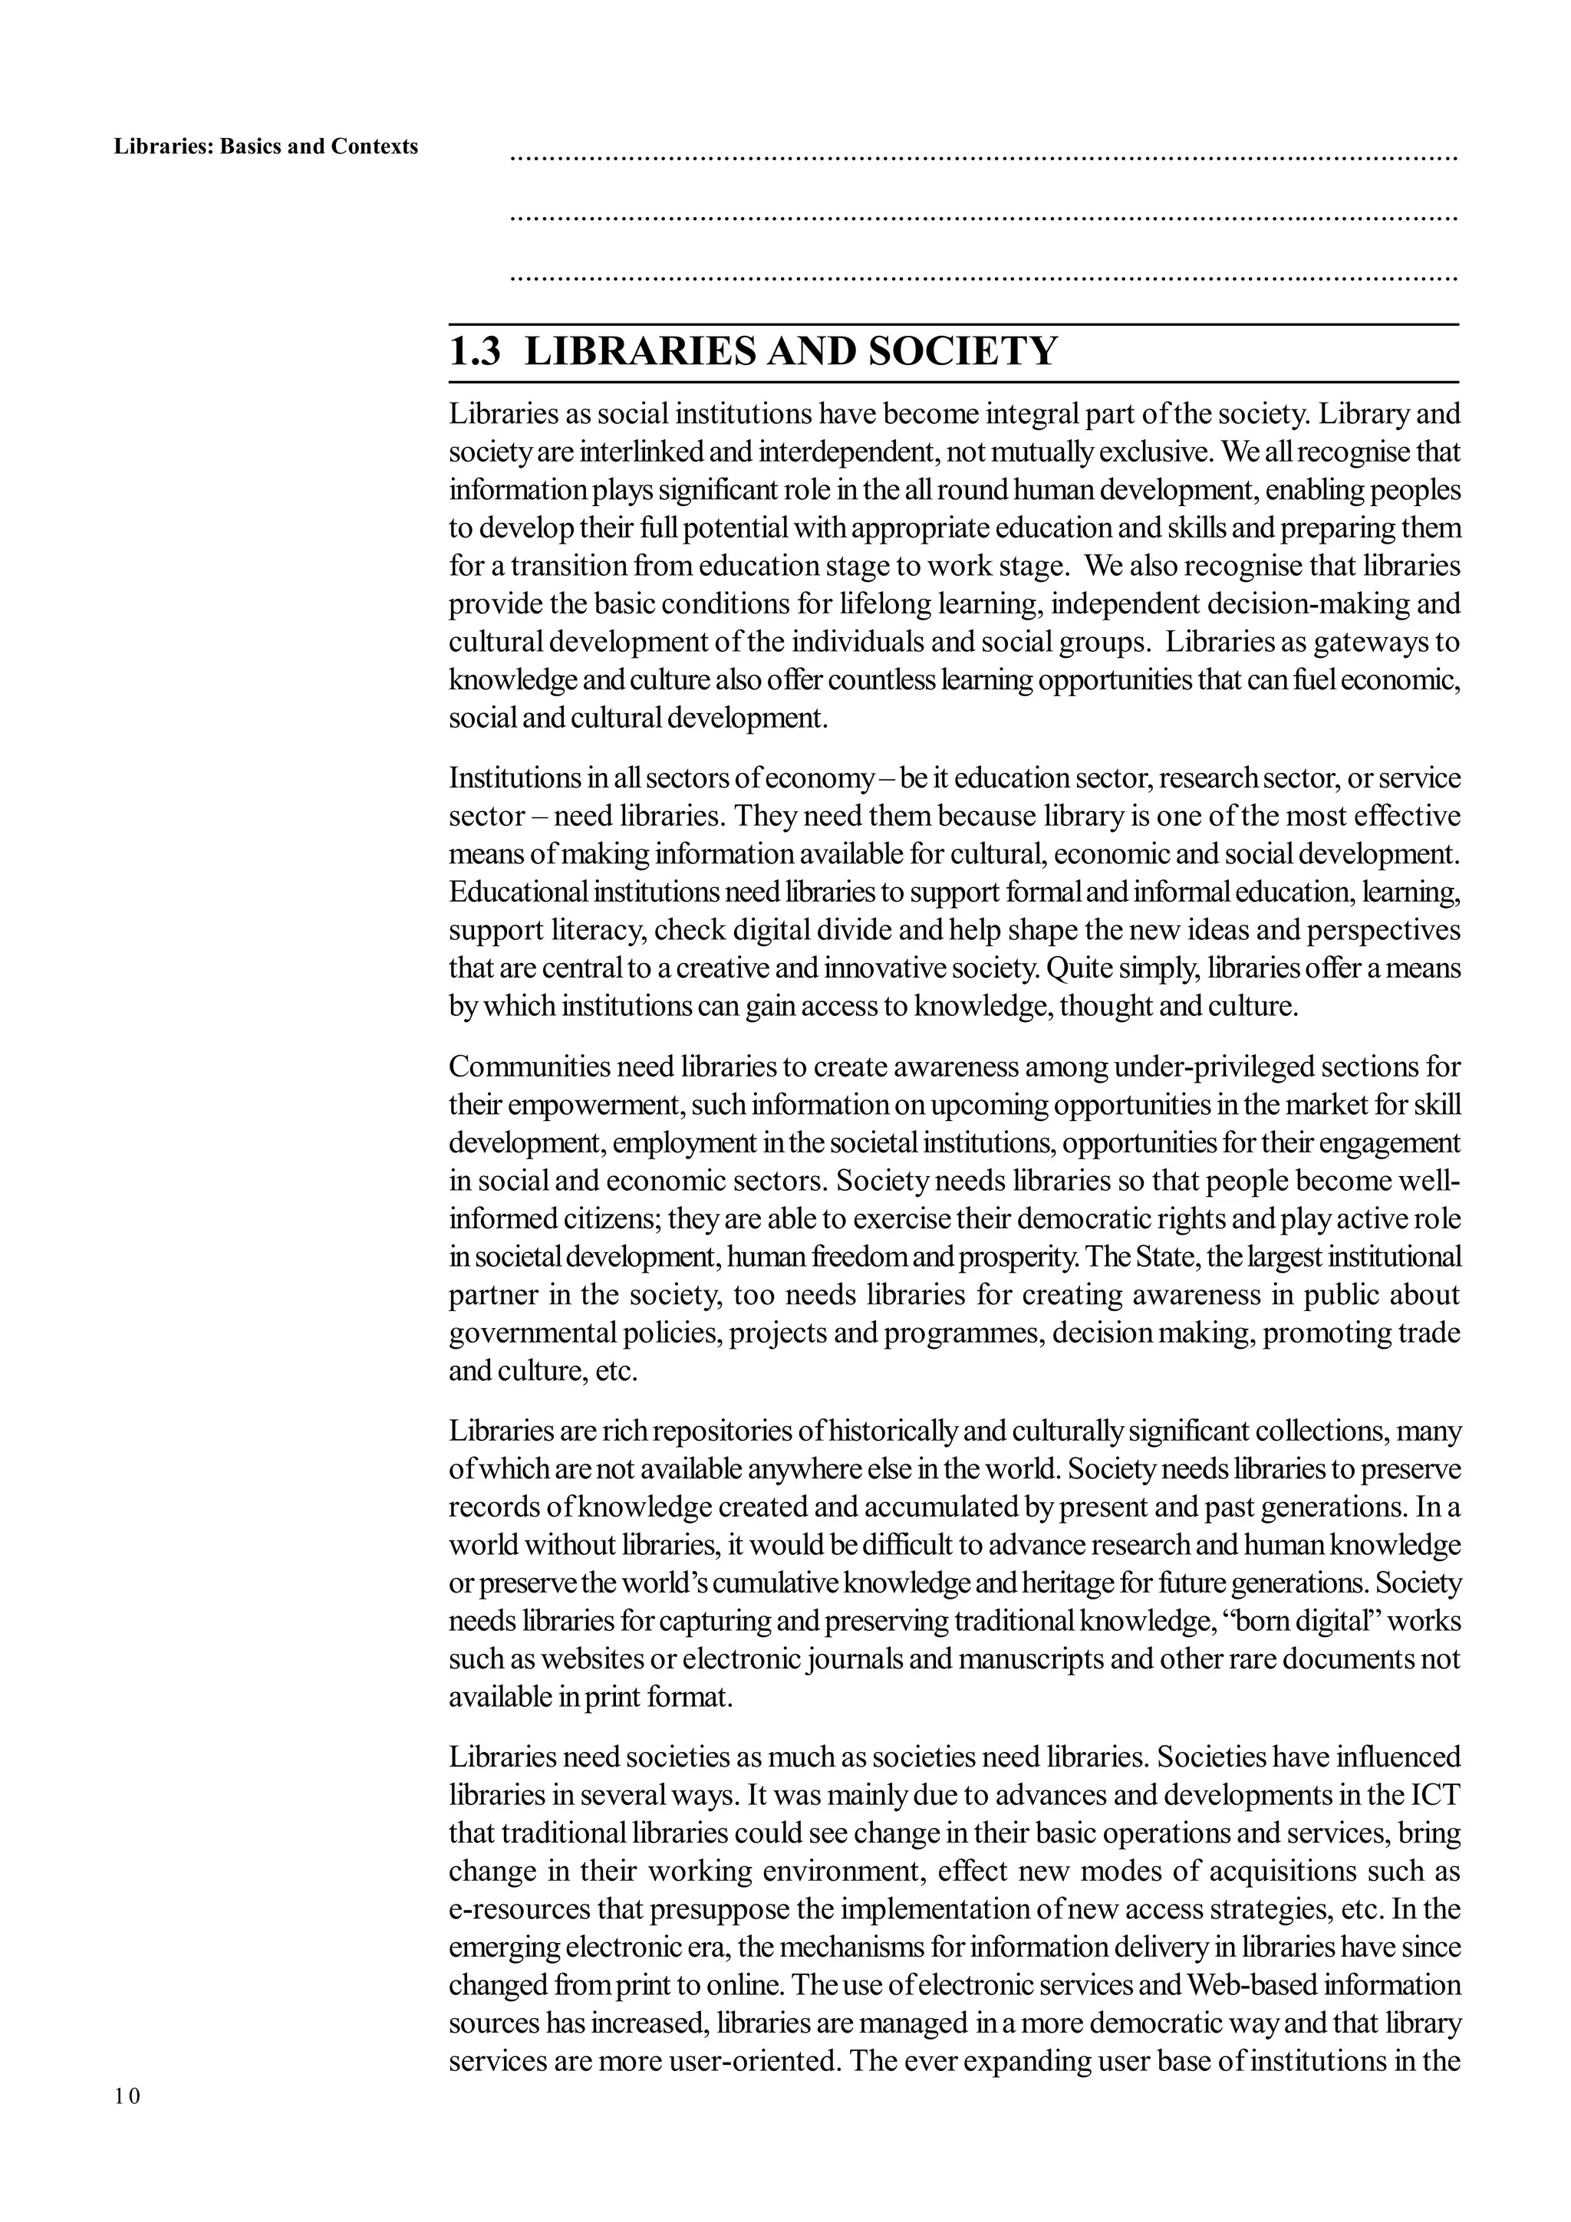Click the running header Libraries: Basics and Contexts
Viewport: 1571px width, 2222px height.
click(x=266, y=147)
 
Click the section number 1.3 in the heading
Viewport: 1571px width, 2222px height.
click(x=476, y=351)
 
